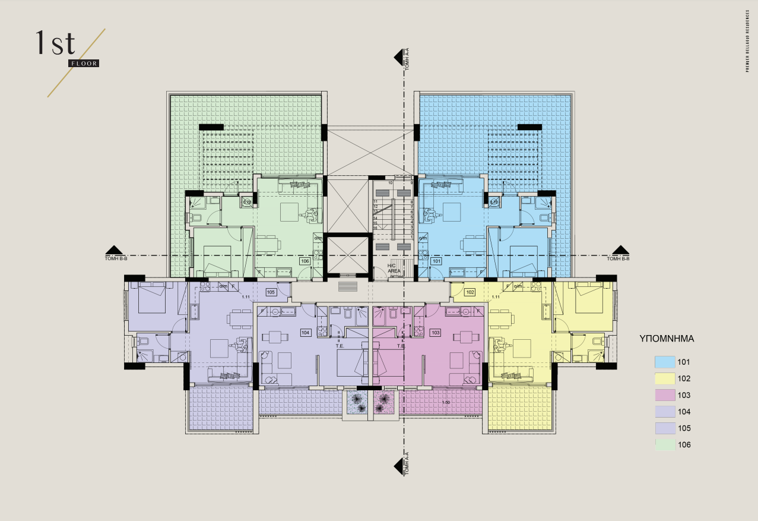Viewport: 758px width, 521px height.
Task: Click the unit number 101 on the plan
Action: (436, 261)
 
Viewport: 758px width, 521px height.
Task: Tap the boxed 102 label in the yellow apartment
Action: (470, 292)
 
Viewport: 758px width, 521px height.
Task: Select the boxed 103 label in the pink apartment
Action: (435, 333)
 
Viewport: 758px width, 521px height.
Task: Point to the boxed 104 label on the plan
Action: (306, 333)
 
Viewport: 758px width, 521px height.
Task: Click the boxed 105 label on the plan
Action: (271, 292)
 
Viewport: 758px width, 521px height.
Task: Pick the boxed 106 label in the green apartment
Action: (305, 261)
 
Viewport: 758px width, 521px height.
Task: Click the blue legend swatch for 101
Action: (665, 362)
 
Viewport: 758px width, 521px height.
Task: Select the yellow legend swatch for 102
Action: (665, 378)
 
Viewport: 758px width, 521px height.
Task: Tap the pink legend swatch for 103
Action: (665, 395)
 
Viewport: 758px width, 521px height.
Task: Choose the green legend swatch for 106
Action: (665, 445)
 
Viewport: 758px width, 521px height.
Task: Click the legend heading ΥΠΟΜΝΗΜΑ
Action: (667, 340)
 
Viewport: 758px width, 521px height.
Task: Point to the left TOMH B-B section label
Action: (118, 258)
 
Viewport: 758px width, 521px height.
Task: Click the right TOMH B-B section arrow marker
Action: (620, 250)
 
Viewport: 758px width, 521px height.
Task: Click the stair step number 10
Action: (391, 183)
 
